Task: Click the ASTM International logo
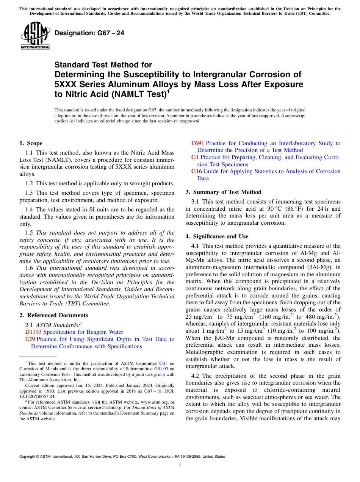(x=35, y=36)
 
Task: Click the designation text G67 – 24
(x=89, y=33)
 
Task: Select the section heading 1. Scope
(x=31, y=143)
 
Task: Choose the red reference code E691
(x=198, y=143)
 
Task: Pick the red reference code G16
(x=197, y=171)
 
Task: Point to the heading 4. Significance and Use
(x=217, y=236)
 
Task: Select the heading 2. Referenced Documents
(x=53, y=315)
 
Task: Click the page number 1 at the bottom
(x=180, y=466)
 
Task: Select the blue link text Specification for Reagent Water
(x=83, y=332)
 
